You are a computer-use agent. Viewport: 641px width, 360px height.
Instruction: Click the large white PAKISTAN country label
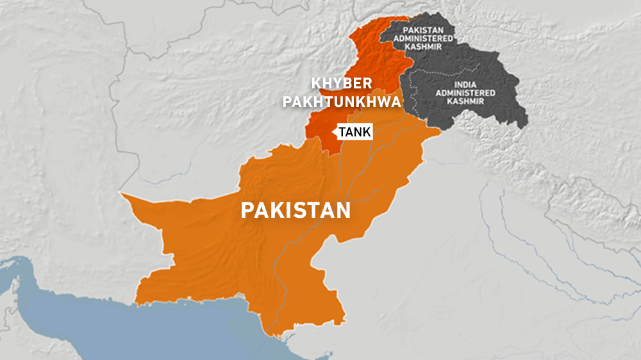coord(296,210)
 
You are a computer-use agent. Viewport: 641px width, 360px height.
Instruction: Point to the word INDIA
coord(463,84)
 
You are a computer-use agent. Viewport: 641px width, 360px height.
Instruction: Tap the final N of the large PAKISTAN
coord(344,211)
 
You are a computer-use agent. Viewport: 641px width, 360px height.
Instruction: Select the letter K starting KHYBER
coord(315,84)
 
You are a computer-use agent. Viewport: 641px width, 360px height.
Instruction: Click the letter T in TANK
coord(342,132)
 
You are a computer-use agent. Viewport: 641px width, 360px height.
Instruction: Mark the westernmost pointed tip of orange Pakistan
coord(121,192)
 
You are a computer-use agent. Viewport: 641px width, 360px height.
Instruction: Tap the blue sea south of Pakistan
coord(128,333)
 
